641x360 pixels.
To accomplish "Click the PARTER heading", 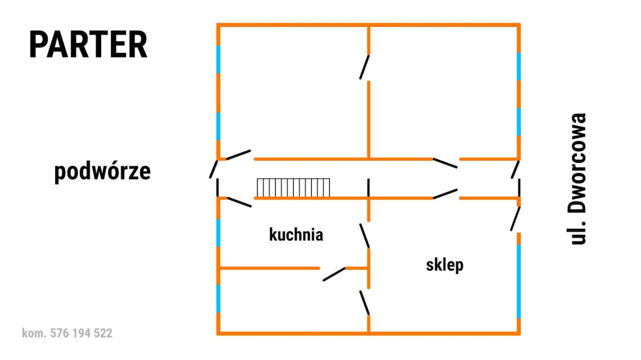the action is tap(88, 45).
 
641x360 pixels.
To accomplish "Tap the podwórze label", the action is tap(103, 171).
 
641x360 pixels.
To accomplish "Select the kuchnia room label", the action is tap(296, 235).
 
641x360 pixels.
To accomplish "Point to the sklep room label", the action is tap(445, 265).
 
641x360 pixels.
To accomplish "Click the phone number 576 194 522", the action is tap(81, 333).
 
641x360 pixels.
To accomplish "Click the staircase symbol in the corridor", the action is tap(293, 188).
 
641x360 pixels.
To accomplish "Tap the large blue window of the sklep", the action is tap(518, 281).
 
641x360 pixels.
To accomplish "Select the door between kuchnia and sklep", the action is tap(365, 235).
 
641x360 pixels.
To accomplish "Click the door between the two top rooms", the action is tap(365, 67).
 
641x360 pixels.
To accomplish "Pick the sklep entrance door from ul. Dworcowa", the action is tap(515, 219).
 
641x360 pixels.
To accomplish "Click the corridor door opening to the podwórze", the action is tap(213, 169).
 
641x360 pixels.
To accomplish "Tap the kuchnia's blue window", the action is tap(218, 233).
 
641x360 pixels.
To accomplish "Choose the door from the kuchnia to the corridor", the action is tap(239, 202).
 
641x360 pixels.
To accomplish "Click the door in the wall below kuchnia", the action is tap(334, 274).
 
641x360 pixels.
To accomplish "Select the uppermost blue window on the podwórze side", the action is tap(218, 60).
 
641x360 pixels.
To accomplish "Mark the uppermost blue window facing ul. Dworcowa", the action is tap(518, 67).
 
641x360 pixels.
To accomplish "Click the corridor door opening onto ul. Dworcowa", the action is tap(515, 170).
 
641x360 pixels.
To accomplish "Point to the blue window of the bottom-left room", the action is tap(218, 298).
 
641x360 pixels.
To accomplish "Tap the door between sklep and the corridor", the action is tap(445, 194).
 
